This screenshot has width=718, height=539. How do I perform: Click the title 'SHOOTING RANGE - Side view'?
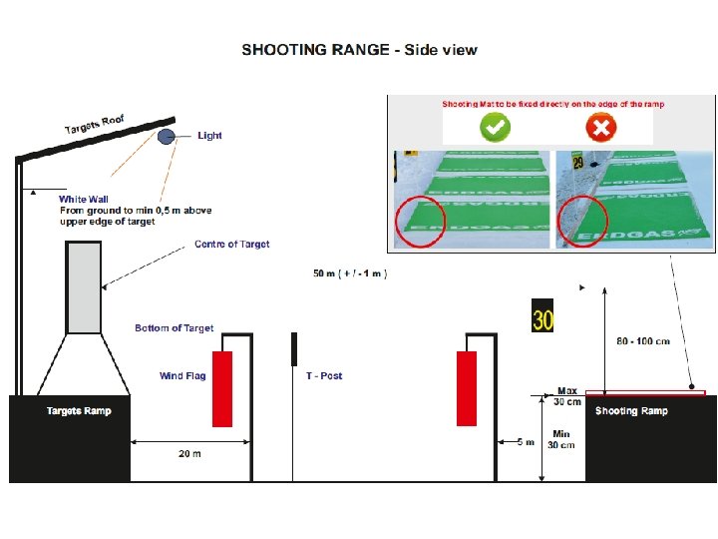point(359,50)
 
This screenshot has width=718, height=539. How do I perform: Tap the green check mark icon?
point(496,127)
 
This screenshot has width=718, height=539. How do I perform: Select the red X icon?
point(601,127)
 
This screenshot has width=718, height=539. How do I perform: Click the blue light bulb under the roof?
point(167,137)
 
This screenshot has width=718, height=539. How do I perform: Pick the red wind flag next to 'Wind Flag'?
point(222,388)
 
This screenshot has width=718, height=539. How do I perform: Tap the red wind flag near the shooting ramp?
point(466,388)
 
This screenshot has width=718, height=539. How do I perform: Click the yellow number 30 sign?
point(542,316)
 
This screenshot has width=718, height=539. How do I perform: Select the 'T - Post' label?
point(324,376)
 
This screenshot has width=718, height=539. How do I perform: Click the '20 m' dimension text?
point(189,454)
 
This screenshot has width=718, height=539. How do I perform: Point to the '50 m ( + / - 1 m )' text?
point(350,273)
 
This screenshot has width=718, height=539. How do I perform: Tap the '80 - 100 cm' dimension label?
point(643,341)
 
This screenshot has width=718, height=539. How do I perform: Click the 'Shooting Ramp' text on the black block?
point(631,411)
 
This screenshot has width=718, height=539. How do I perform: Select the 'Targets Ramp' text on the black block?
point(79,411)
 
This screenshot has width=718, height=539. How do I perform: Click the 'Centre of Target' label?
point(231,245)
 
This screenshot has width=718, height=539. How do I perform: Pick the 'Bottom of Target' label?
point(175,328)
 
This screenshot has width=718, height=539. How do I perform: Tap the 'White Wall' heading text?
point(84,200)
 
